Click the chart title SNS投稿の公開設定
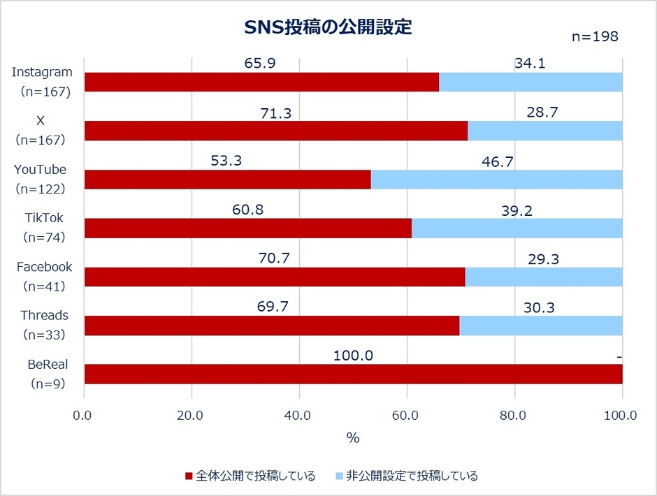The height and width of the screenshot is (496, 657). click(328, 27)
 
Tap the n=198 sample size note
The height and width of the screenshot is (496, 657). click(595, 36)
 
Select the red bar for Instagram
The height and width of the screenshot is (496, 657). click(261, 82)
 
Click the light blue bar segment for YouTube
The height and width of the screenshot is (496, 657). click(496, 180)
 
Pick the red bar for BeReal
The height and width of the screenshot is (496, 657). click(353, 374)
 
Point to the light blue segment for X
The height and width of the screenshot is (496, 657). click(544, 131)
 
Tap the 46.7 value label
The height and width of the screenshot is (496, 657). click(496, 161)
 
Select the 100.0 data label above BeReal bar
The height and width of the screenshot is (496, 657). click(353, 356)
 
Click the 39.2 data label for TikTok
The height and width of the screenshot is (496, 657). click(517, 210)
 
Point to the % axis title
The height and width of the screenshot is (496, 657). click(353, 439)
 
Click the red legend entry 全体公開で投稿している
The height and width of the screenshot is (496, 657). click(250, 476)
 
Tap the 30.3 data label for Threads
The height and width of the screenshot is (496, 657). click(540, 307)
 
